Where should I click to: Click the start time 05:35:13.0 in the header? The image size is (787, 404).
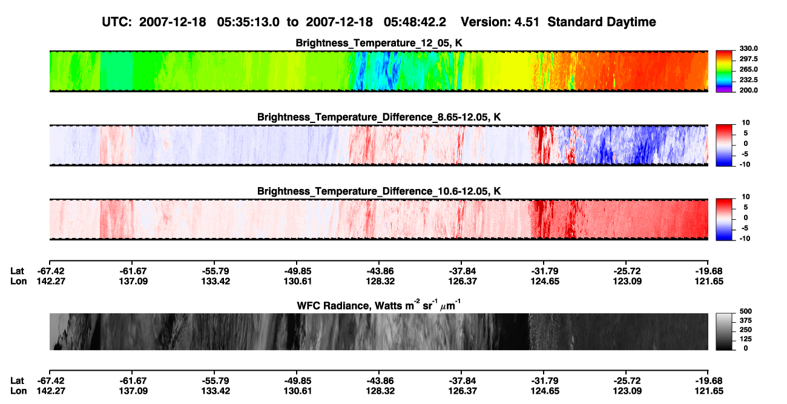coord(248,22)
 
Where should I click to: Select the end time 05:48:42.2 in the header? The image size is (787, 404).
coord(415,22)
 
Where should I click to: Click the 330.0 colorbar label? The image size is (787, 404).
coord(748,48)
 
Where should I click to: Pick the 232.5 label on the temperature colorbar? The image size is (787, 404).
coord(748,80)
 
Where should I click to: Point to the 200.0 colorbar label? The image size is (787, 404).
coord(748,90)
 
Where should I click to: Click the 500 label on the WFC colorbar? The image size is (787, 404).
coord(746,311)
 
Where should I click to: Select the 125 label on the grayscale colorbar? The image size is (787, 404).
coord(746,339)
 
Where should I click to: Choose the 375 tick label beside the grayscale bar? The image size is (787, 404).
coord(746,320)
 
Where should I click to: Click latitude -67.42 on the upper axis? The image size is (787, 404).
coord(51,271)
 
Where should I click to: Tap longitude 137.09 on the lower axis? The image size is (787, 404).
coord(134,391)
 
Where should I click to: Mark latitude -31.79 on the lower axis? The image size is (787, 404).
coord(545,381)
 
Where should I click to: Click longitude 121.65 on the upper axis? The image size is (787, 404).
coord(709,281)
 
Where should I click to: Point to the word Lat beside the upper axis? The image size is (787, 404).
coord(17,271)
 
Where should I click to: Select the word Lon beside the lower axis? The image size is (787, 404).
coord(18,391)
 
